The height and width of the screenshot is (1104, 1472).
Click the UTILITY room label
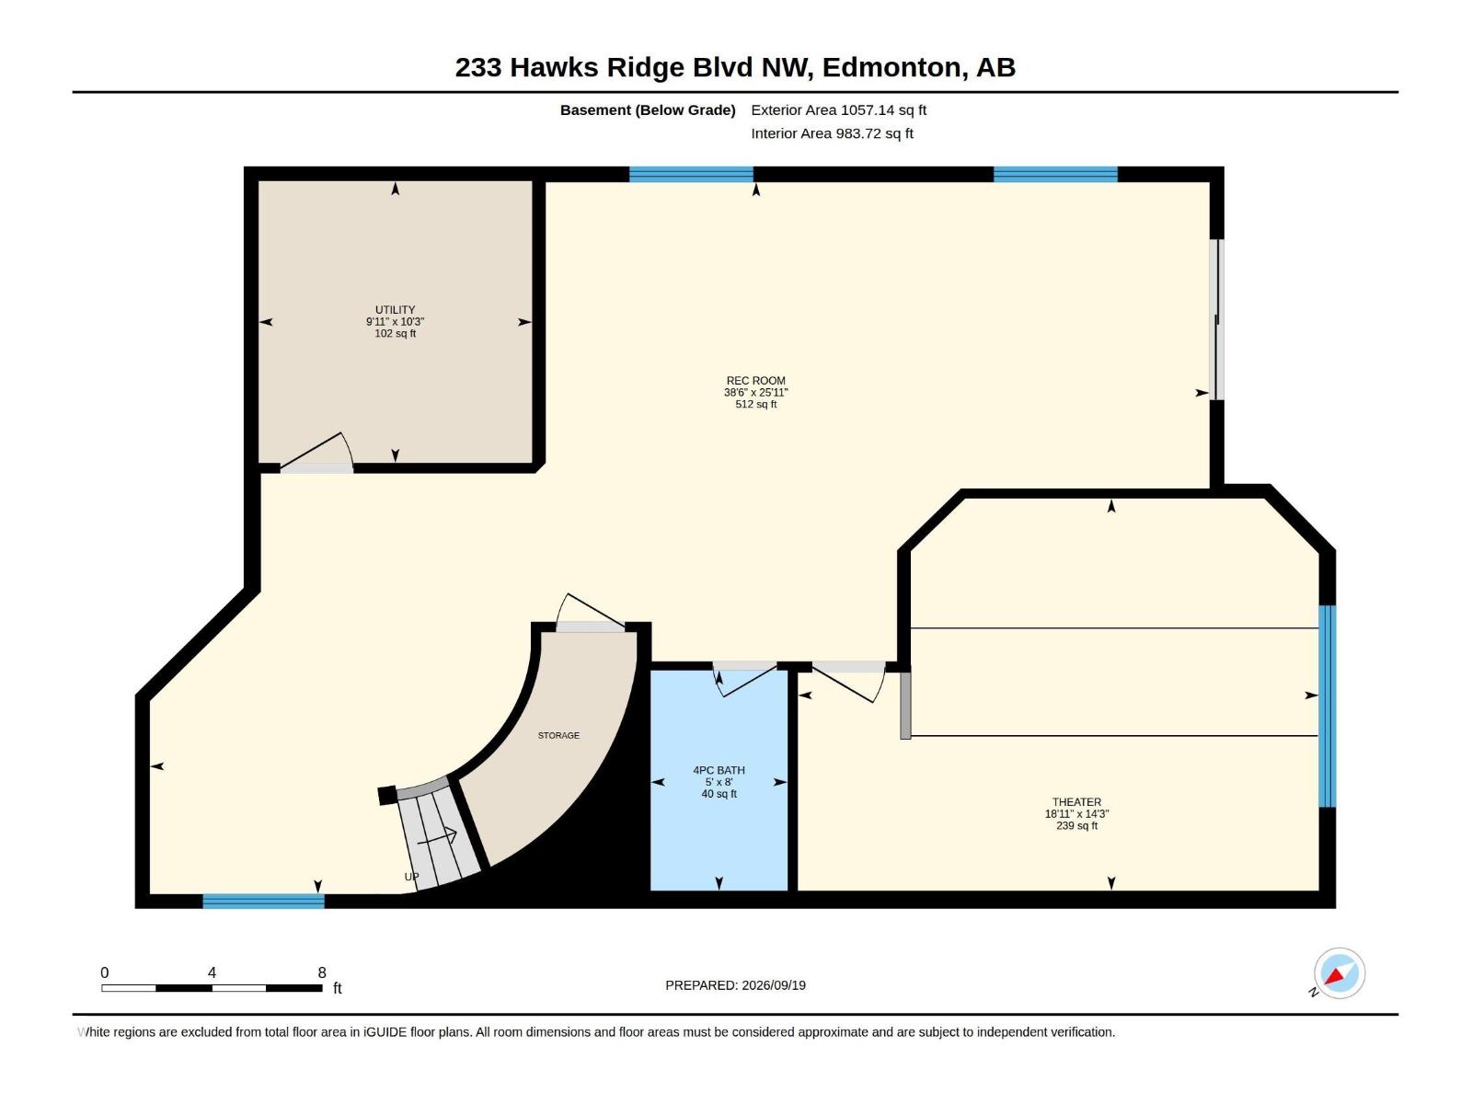(395, 310)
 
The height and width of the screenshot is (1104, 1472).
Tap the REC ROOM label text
(756, 381)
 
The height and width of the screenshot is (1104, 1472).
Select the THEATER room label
(1076, 802)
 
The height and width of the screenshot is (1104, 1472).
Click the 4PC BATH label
(719, 771)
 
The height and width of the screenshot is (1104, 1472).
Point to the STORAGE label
(558, 736)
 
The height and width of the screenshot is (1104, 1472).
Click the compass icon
(1340, 973)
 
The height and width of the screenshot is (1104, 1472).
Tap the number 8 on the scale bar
(322, 972)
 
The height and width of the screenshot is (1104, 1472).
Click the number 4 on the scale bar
(212, 972)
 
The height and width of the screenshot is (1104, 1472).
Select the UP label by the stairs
(412, 877)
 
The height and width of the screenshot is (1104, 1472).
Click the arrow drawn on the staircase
(437, 838)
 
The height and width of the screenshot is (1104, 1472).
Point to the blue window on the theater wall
(1328, 706)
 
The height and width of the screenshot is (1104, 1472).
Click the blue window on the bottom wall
(263, 901)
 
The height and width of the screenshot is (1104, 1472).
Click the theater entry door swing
(849, 684)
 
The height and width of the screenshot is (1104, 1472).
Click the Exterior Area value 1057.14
(868, 109)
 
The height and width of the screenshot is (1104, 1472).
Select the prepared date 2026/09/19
(773, 985)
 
